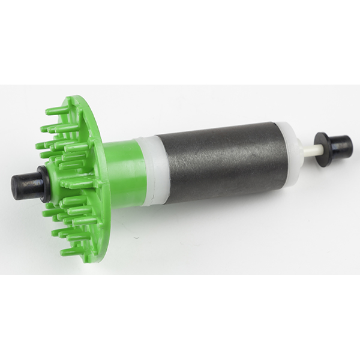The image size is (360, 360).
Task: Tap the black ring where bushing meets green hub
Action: (x=43, y=183)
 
